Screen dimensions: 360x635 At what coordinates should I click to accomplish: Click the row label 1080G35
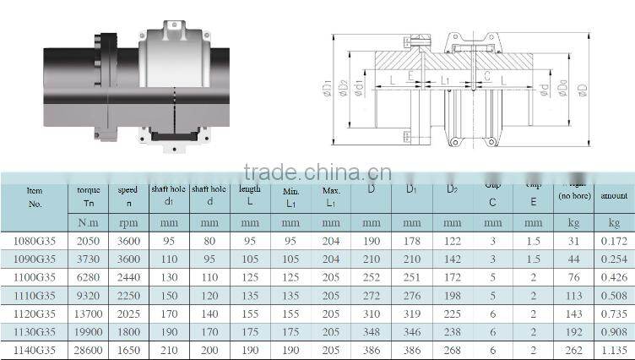tap(35, 240)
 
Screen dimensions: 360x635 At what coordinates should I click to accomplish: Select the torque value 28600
tap(88, 350)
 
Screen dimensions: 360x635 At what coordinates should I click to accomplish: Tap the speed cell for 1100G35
tap(128, 277)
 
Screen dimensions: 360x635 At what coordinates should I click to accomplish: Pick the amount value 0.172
tap(614, 241)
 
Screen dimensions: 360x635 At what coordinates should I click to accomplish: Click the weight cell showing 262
tap(574, 350)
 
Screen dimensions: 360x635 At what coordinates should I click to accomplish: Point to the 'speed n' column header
tap(128, 196)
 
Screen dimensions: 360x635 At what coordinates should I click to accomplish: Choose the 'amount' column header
tap(614, 195)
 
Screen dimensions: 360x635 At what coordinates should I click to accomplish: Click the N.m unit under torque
tap(88, 223)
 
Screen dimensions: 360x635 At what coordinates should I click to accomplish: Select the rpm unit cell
tap(128, 223)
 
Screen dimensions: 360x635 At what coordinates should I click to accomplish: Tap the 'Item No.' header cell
tap(35, 196)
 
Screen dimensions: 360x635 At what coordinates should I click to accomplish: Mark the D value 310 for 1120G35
tap(371, 314)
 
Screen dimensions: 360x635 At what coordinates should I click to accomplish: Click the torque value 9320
tap(88, 296)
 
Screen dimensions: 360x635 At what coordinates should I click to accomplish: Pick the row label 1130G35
tap(35, 331)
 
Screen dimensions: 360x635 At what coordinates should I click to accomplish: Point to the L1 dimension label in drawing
tap(444, 81)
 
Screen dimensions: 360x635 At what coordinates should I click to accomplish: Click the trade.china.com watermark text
tap(317, 172)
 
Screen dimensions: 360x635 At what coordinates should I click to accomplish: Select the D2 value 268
tap(452, 350)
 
